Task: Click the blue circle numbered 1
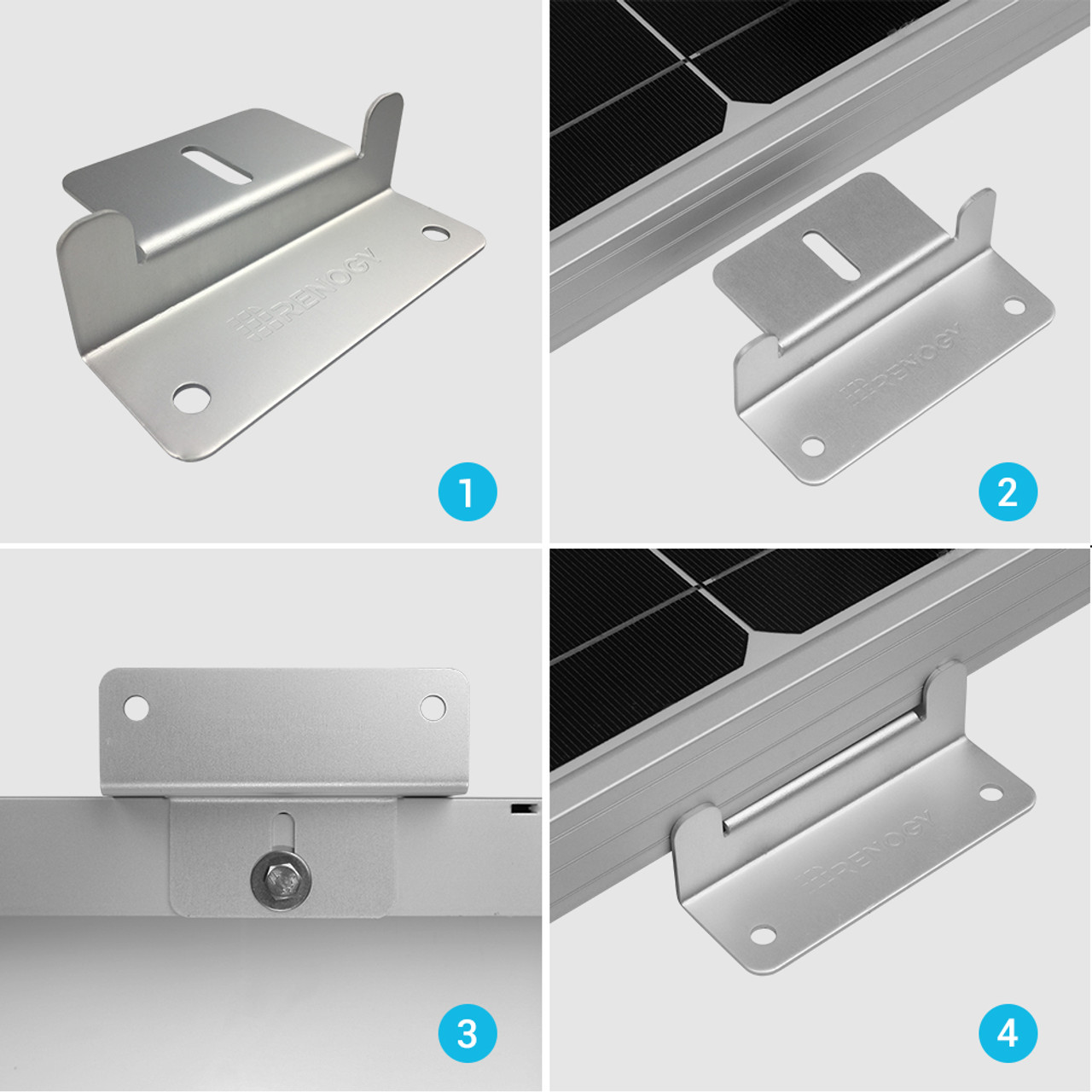pyautogui.click(x=467, y=492)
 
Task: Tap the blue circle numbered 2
pyautogui.click(x=1008, y=492)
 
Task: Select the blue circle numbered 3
pyautogui.click(x=467, y=1034)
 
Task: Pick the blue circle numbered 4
pyautogui.click(x=1008, y=1034)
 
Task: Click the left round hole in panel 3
pyautogui.click(x=136, y=707)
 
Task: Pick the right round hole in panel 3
pyautogui.click(x=433, y=706)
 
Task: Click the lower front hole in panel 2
pyautogui.click(x=813, y=446)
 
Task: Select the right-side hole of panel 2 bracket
pyautogui.click(x=1014, y=305)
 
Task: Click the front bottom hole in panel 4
pyautogui.click(x=764, y=936)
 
